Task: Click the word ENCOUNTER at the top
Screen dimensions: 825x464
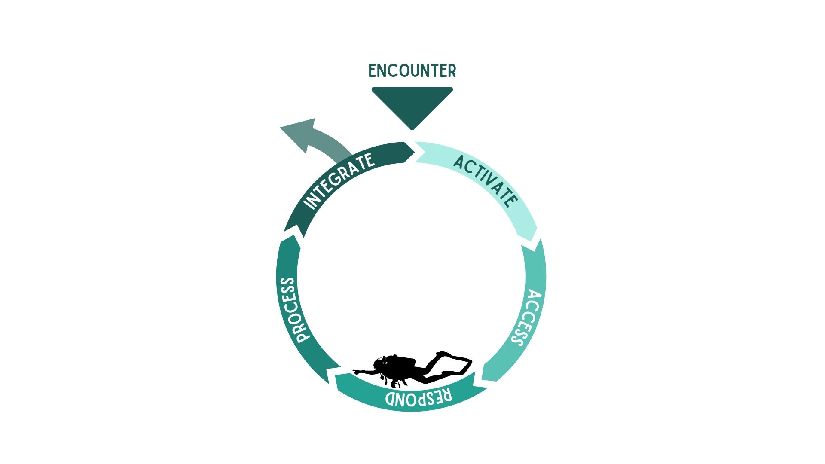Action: (x=412, y=71)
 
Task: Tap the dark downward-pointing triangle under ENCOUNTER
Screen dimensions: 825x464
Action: (x=412, y=105)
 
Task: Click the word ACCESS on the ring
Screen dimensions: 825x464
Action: (x=526, y=318)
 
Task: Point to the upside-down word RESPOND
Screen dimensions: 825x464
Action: (x=419, y=397)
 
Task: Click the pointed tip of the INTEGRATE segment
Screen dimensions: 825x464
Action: (x=414, y=151)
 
